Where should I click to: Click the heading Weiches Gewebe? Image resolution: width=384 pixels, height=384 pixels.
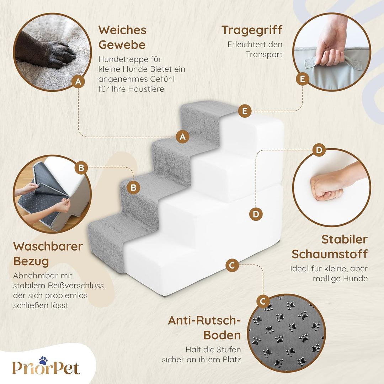(122, 37)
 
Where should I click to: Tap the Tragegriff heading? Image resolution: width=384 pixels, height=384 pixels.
(252, 30)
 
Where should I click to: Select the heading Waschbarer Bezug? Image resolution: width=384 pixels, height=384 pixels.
(48, 254)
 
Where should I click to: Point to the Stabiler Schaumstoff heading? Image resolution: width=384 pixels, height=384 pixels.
(330, 247)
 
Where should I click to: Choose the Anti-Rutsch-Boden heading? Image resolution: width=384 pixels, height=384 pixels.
(204, 327)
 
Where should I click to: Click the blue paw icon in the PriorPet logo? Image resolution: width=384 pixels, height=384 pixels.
(43, 361)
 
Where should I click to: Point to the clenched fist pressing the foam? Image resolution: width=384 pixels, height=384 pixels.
(327, 187)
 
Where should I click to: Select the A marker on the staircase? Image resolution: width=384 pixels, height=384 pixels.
(183, 136)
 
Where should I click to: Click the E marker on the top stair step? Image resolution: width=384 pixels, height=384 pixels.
(245, 111)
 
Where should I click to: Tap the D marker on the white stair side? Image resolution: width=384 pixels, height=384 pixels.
(256, 214)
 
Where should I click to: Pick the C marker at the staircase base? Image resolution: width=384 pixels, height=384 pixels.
(232, 265)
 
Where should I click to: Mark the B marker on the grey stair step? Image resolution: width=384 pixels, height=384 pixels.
(133, 187)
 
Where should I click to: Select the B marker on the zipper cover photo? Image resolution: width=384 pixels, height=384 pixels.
(81, 168)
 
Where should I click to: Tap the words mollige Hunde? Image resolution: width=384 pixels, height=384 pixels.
(340, 278)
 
